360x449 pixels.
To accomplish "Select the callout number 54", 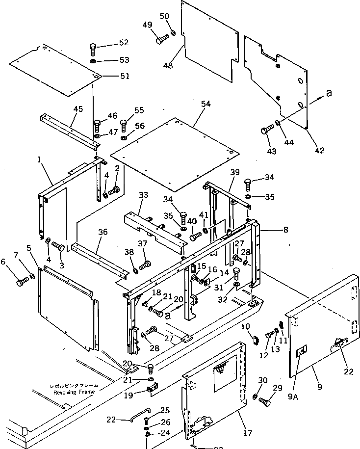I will (206, 104).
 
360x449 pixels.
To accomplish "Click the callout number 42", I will (320, 151).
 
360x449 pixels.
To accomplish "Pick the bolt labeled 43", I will (267, 131).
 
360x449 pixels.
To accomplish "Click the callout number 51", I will (125, 76).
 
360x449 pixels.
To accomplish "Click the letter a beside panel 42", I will (329, 94).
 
